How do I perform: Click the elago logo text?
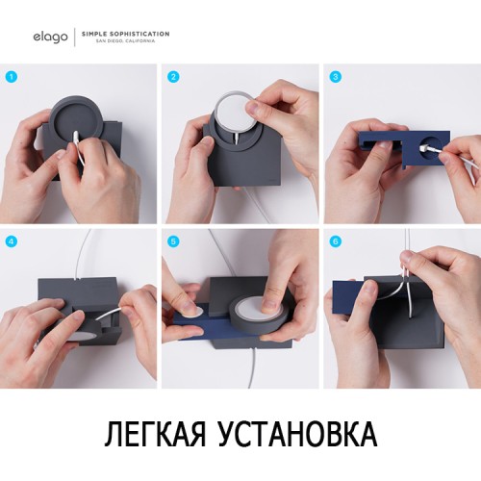pos(49,36)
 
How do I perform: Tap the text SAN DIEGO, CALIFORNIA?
pos(139,39)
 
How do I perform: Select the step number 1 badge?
pos(13,76)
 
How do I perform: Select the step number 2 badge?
pos(173,76)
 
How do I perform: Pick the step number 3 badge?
pos(335,76)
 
